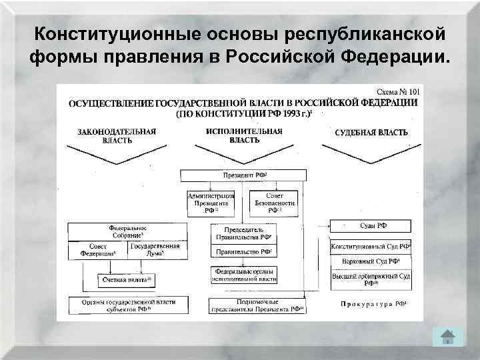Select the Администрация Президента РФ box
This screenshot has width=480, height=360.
(x=211, y=202)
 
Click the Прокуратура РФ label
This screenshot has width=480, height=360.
(x=374, y=304)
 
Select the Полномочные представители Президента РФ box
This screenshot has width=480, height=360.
(x=256, y=306)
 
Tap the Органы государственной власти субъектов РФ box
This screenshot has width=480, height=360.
(x=127, y=306)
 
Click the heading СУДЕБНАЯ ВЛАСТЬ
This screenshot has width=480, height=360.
(x=371, y=132)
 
